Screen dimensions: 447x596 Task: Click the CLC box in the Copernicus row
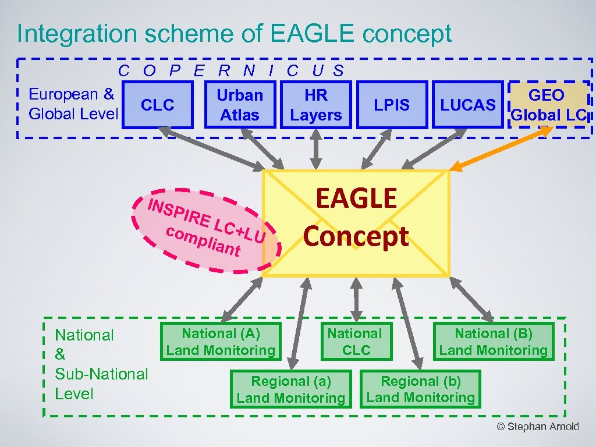point(158,105)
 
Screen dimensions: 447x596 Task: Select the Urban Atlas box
point(240,105)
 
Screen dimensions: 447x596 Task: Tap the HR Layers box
point(315,105)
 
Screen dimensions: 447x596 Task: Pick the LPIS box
point(392,105)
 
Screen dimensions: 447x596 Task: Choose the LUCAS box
point(468,105)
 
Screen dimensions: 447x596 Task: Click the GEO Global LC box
point(548,105)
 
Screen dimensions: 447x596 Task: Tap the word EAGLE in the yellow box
point(356,198)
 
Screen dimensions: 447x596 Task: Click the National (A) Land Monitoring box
point(221,342)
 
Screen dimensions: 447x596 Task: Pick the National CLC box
point(355,342)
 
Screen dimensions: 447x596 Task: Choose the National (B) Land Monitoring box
point(493,342)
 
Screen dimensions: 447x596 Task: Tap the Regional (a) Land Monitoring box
point(290,389)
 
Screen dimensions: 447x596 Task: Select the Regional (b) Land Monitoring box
point(421,389)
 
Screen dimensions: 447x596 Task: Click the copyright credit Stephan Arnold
point(538,427)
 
